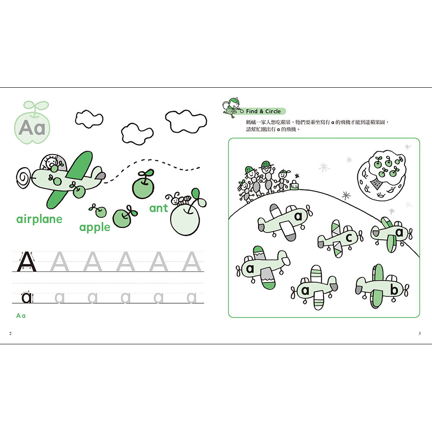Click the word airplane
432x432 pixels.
click(x=39, y=219)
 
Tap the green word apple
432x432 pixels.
click(x=95, y=227)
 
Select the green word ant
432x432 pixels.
click(x=159, y=209)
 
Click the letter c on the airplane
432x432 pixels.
click(x=348, y=238)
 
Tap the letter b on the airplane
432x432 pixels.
click(x=394, y=290)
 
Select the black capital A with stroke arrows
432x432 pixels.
click(x=27, y=261)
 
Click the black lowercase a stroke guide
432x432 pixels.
click(x=27, y=297)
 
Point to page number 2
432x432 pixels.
click(x=10, y=333)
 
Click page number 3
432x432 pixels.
click(x=419, y=333)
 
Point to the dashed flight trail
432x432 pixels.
click(x=156, y=166)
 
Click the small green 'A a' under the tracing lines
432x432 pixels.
click(x=21, y=316)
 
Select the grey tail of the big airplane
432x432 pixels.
click(x=100, y=175)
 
